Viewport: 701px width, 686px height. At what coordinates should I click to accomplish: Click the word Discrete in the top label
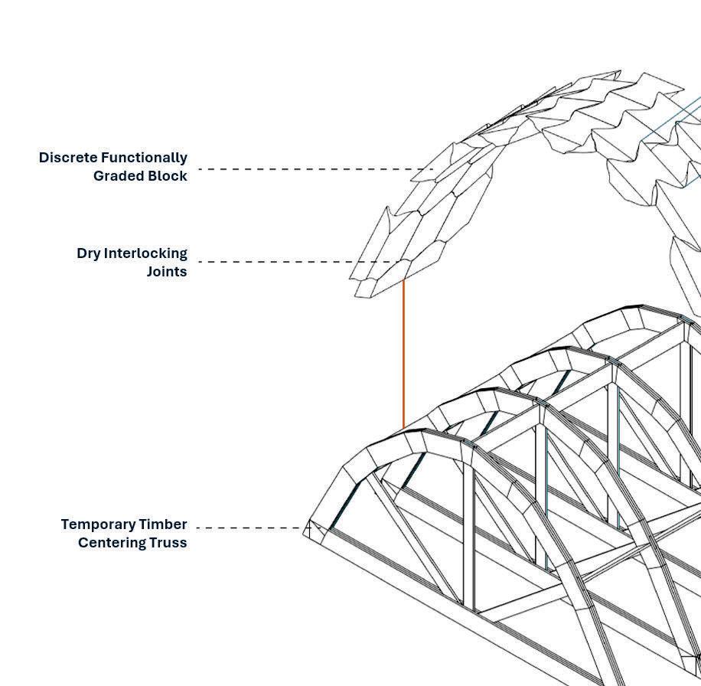click(67, 158)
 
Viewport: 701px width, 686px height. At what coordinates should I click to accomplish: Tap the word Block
click(168, 176)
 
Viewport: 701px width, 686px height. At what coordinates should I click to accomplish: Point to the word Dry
click(89, 253)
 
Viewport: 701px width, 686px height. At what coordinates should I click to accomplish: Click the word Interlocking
click(145, 253)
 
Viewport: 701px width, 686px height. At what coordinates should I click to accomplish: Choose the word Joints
click(167, 272)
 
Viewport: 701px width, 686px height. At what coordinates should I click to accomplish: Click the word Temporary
click(97, 524)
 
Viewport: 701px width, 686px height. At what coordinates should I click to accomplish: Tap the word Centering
click(110, 543)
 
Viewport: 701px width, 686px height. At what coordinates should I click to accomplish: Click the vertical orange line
click(403, 352)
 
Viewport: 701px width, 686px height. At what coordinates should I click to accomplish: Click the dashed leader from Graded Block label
click(314, 169)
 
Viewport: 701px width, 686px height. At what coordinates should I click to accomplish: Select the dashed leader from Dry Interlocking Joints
click(298, 262)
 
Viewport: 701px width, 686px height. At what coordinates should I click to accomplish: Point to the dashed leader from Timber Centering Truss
click(249, 528)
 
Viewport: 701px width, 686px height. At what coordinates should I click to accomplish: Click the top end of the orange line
click(403, 280)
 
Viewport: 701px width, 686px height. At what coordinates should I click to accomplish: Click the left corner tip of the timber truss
click(304, 530)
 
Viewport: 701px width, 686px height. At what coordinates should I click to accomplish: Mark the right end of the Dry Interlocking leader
click(401, 262)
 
